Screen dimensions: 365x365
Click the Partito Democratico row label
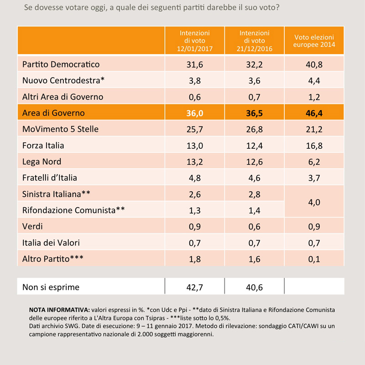(61, 64)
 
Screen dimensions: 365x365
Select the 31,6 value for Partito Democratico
(195, 64)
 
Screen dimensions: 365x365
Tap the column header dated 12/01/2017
(195, 41)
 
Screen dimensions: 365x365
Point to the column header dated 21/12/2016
(254, 41)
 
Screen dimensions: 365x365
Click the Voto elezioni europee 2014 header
(314, 41)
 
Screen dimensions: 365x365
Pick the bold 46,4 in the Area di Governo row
(314, 113)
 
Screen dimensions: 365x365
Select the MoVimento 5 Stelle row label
(60, 129)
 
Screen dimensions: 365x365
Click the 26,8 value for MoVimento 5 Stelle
(254, 130)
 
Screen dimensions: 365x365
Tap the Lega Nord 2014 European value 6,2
(314, 162)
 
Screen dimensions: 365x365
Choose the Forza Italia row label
(43, 146)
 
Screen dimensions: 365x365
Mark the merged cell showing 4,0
(314, 202)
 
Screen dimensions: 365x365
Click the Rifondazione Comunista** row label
(73, 210)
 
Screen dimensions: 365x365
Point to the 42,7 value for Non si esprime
(195, 287)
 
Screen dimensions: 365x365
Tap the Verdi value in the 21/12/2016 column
(254, 226)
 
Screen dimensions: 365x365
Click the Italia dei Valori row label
(54, 242)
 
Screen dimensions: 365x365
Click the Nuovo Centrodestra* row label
(63, 80)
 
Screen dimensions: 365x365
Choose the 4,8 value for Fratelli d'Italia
(195, 178)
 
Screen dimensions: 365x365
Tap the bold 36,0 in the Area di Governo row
(195, 113)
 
